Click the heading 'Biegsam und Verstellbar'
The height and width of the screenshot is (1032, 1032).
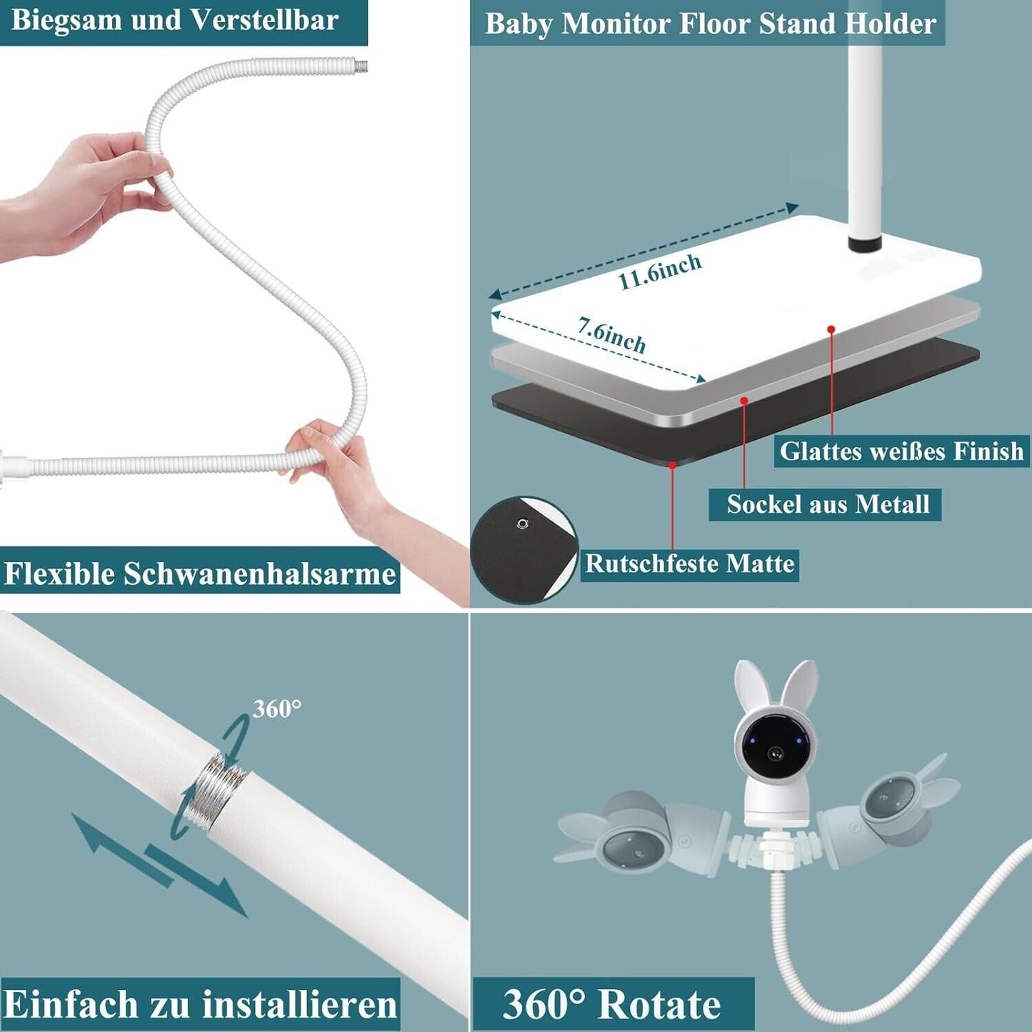point(174,20)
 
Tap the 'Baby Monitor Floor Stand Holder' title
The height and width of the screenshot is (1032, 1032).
point(711,24)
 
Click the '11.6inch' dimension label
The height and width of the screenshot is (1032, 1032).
point(660,271)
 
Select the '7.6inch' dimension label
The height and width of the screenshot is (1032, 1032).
point(611,335)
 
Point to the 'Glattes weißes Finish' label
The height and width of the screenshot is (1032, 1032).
point(901,451)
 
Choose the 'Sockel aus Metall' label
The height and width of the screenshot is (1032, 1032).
point(828,504)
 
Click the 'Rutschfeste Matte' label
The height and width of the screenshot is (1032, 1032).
point(689,563)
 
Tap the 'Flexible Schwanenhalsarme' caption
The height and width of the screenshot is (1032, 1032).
point(200,574)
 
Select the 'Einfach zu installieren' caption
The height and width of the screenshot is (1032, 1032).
point(200,1004)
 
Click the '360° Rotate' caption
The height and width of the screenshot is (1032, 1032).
point(611,1005)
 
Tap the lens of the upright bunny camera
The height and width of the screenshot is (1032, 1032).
point(775,753)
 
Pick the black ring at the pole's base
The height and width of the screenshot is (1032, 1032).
point(865,242)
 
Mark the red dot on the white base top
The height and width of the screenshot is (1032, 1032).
point(831,329)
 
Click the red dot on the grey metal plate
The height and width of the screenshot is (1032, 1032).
point(744,400)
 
